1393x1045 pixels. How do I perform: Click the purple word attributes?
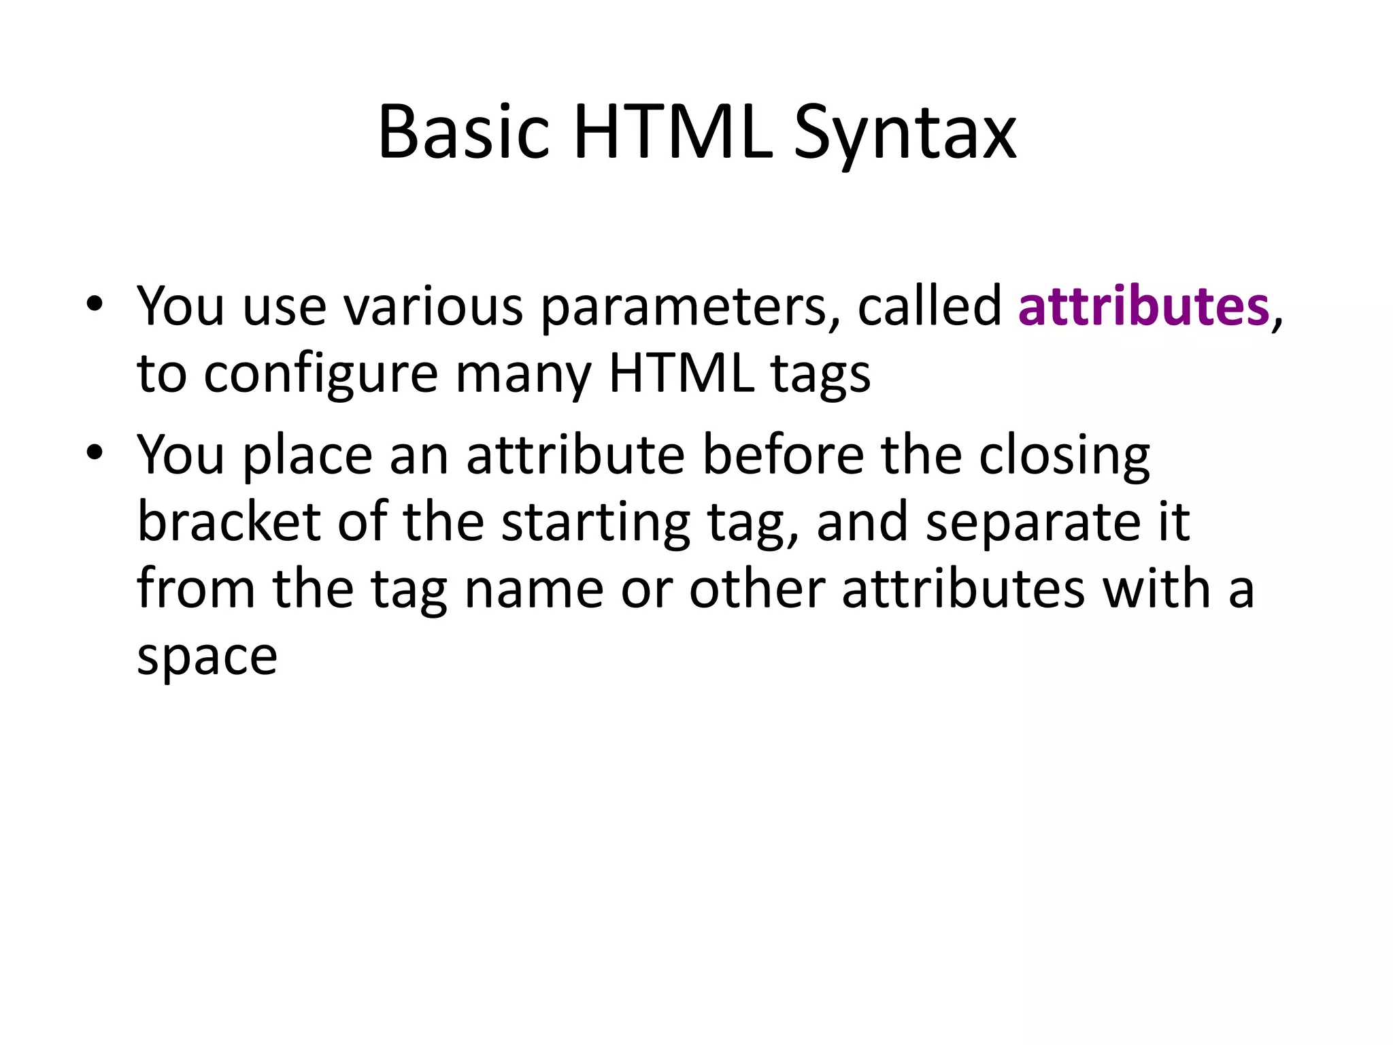[x=1143, y=306]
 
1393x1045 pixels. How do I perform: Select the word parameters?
[x=690, y=308]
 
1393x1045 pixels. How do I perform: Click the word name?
[x=534, y=588]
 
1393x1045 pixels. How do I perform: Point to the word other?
[x=757, y=588]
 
